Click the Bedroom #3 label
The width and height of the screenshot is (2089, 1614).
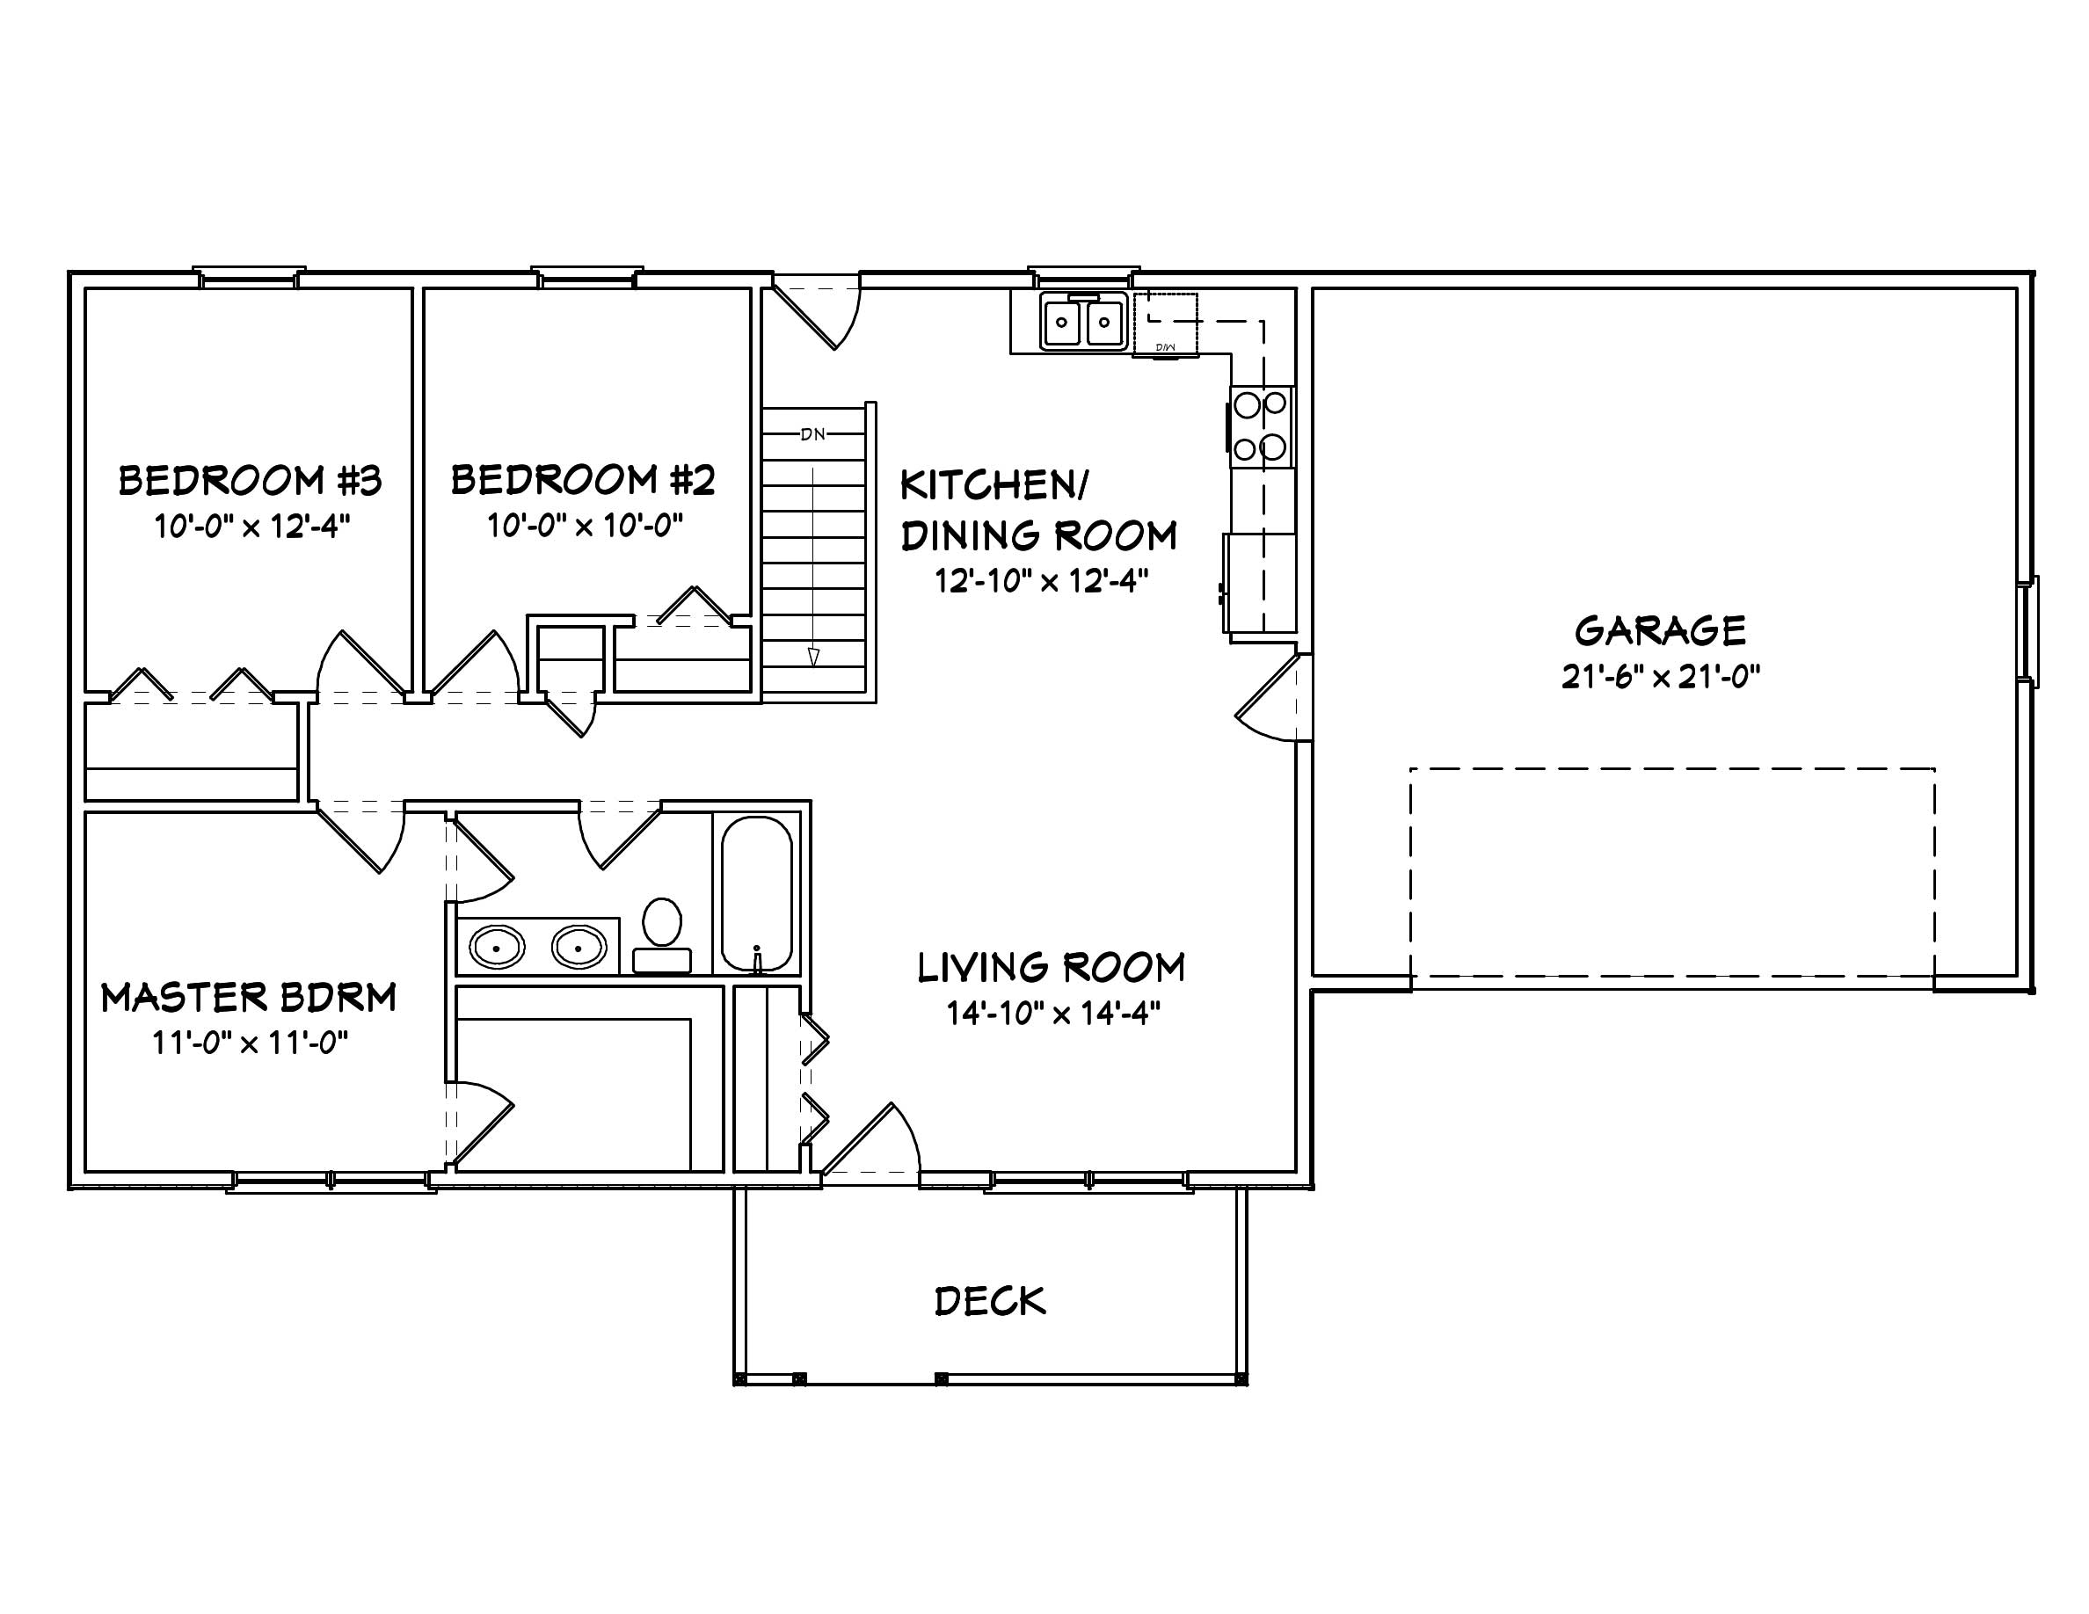250,481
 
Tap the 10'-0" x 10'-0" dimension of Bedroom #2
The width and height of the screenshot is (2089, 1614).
585,525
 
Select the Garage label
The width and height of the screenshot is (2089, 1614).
1661,631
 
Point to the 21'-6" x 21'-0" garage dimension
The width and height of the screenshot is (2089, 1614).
1661,677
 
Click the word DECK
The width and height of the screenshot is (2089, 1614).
990,1302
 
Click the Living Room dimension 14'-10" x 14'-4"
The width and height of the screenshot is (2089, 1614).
1053,1014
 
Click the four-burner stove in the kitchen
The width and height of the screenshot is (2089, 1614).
1262,426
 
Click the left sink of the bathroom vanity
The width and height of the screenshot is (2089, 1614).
498,948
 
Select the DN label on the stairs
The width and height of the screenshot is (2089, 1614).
812,434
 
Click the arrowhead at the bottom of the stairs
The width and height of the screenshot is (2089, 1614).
813,656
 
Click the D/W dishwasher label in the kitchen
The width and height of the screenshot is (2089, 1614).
1164,347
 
